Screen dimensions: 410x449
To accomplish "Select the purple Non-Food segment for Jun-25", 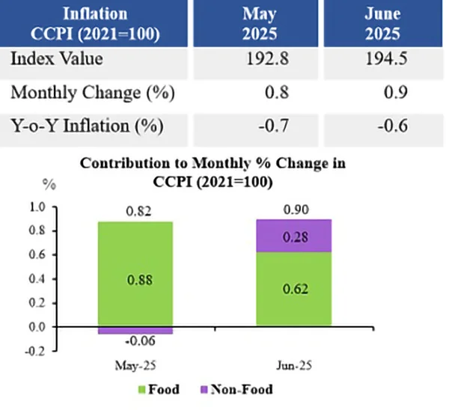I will [293, 236].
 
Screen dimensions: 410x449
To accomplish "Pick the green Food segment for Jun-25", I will [293, 289].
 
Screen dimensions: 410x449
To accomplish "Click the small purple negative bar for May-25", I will [135, 330].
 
